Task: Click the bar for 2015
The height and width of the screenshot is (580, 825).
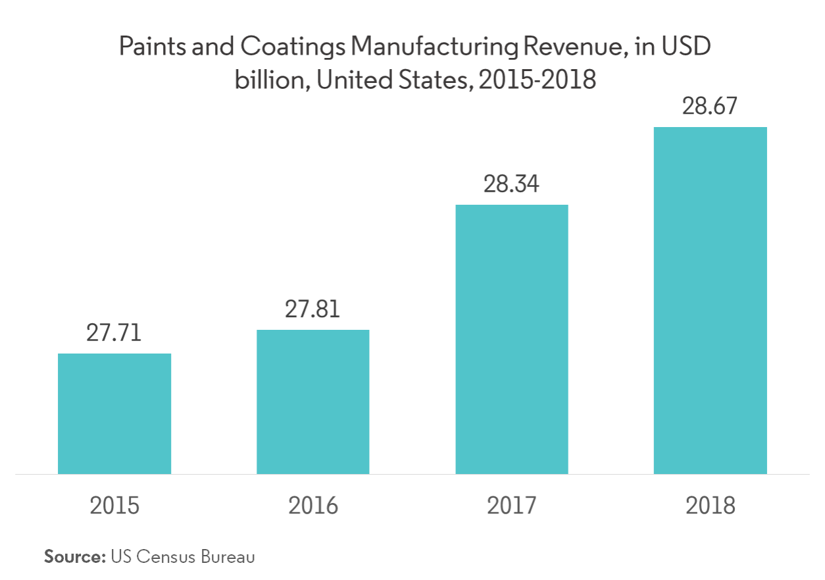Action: [115, 413]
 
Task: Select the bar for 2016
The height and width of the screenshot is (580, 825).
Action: [313, 402]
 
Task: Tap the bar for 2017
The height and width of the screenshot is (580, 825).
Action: [512, 339]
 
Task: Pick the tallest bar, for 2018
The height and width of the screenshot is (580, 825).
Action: [710, 300]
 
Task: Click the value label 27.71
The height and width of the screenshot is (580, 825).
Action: [114, 332]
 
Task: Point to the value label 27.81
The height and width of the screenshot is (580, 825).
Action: [312, 308]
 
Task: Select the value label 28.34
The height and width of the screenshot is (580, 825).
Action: [511, 184]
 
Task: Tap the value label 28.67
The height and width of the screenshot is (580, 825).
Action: [710, 106]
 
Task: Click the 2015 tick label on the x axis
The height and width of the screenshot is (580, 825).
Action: [114, 506]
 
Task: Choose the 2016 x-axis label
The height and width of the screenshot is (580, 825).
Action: [313, 506]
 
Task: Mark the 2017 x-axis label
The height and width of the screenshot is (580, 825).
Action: [512, 506]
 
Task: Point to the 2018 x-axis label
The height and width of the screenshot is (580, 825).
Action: [710, 506]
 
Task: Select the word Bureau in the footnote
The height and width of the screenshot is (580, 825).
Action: [230, 556]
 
